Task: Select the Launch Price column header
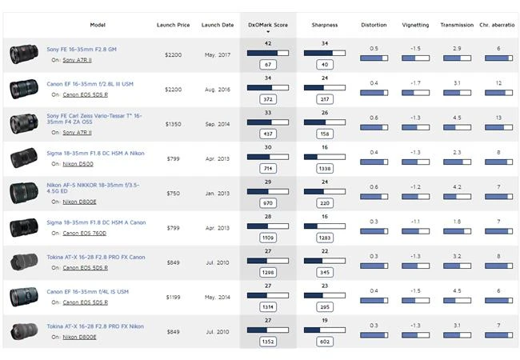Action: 172,25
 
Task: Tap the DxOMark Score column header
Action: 268,25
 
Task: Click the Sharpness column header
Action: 324,25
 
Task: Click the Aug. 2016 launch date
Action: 217,90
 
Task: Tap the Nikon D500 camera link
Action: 78,163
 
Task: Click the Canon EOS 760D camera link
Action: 85,233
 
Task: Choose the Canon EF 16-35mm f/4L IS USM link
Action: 87,291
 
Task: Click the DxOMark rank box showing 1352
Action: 268,341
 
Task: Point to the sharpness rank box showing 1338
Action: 325,169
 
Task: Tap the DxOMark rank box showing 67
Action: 268,65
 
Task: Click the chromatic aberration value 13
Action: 498,118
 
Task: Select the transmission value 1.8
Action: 456,221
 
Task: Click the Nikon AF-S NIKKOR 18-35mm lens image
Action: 22,193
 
